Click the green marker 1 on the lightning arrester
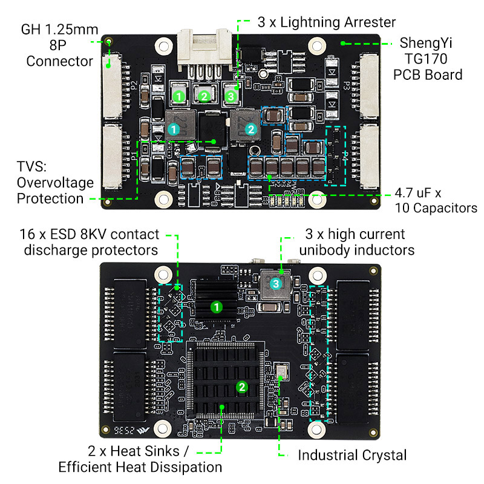(x=178, y=96)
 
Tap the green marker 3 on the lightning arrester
(x=230, y=96)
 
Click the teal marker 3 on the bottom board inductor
(x=275, y=283)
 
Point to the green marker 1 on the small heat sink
(x=215, y=307)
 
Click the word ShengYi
(x=427, y=44)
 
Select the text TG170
(x=428, y=59)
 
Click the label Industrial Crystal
(x=352, y=455)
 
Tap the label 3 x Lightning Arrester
(x=327, y=22)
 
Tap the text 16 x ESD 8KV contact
(x=90, y=234)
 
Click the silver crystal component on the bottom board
(x=281, y=371)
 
